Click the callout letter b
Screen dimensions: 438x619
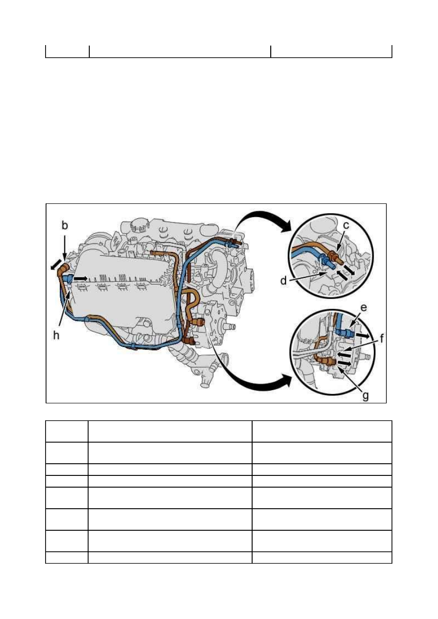coord(64,226)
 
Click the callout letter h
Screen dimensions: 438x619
coord(56,335)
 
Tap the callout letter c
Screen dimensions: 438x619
coord(346,226)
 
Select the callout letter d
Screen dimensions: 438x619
coord(283,281)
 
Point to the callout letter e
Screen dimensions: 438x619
coord(364,308)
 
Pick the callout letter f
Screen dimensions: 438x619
coord(382,338)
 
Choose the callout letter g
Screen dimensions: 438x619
coord(366,396)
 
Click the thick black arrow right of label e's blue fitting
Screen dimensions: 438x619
coord(362,336)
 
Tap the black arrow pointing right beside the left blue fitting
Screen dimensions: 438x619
coord(81,278)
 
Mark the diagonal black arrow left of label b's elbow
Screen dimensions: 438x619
coord(56,264)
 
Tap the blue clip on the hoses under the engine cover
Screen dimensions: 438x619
coord(133,345)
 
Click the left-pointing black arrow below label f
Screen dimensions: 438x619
coord(343,353)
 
